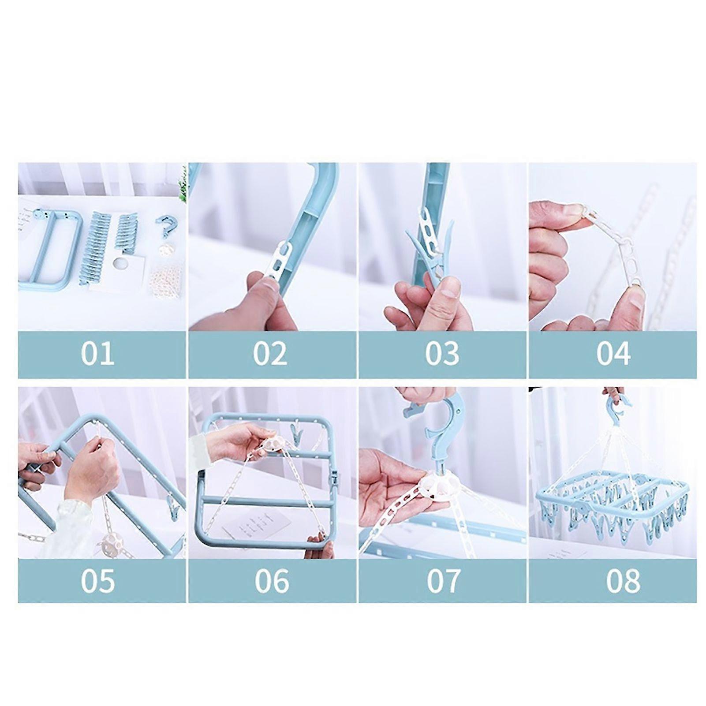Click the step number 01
coord(97,353)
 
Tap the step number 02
coord(270,353)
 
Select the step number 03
coord(442,353)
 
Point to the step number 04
coord(613,353)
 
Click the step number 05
coord(97,580)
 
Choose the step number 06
coord(272,580)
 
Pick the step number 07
coord(443,580)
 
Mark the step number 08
coord(623,580)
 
